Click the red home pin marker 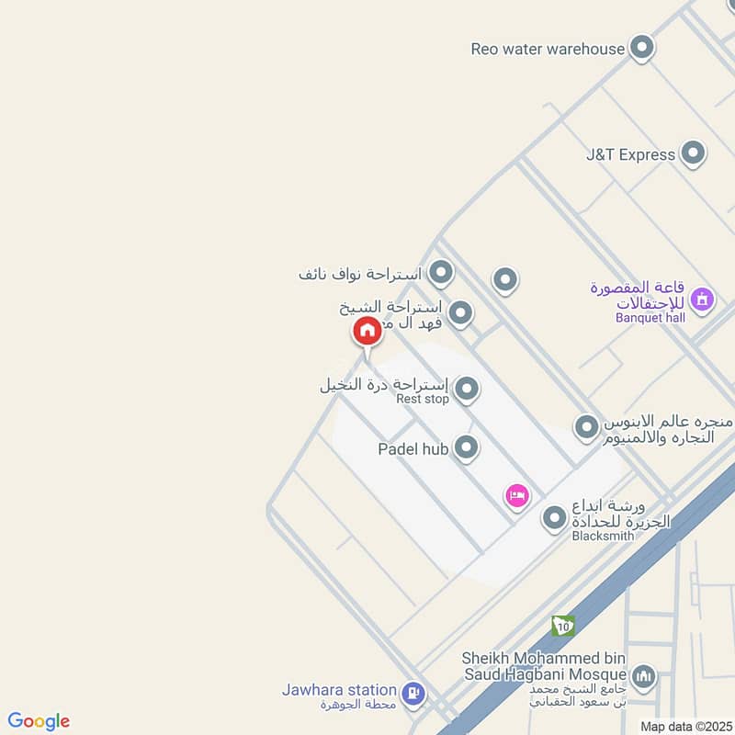[367, 332]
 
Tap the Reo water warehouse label [548, 49]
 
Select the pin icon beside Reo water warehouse [642, 47]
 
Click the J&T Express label [630, 154]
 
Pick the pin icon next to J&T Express [693, 153]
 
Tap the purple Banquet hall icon [702, 300]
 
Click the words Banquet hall [650, 319]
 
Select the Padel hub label [413, 449]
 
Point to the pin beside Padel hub [468, 447]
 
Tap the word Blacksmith [603, 537]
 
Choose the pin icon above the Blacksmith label [554, 519]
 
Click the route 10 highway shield [563, 627]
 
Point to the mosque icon [645, 678]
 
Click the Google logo [39, 721]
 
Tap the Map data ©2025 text [685, 726]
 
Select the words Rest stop [423, 400]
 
